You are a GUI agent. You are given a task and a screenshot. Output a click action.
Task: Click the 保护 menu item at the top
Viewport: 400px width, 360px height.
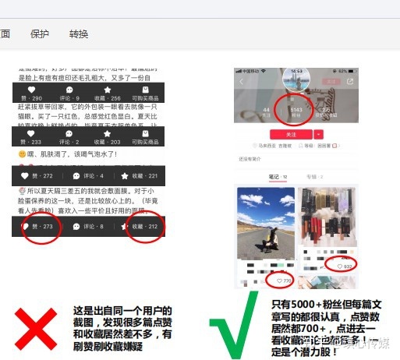pyautogui.click(x=39, y=34)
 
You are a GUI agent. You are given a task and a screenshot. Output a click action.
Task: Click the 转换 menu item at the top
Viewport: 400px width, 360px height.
pyautogui.click(x=79, y=34)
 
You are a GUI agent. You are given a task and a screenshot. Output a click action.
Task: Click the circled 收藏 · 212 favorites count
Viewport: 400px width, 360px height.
pyautogui.click(x=145, y=227)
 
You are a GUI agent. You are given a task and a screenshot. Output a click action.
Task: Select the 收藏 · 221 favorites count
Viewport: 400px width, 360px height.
pyautogui.click(x=145, y=175)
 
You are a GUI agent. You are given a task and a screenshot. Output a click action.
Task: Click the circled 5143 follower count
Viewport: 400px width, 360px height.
pyautogui.click(x=296, y=111)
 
